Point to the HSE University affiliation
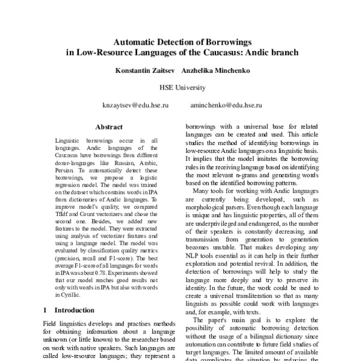(x=182, y=88)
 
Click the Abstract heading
(x=109, y=128)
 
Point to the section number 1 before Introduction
(x=46, y=310)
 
